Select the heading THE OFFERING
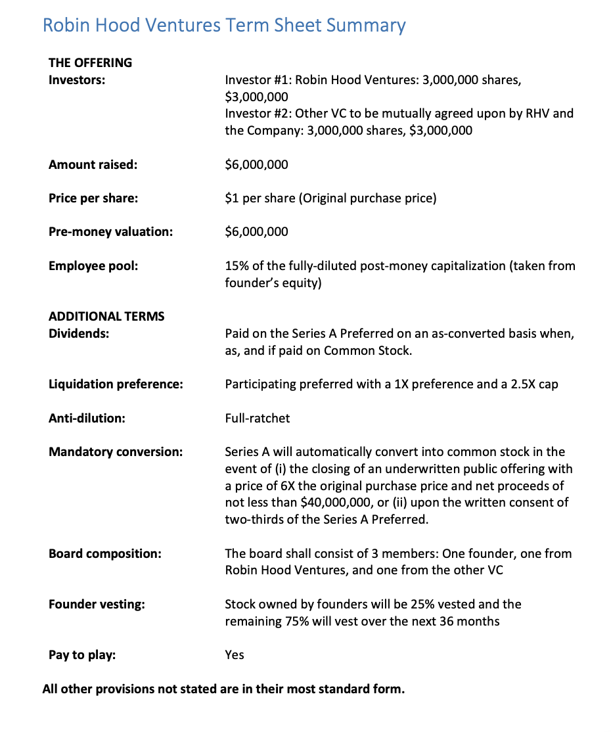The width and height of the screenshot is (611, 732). click(90, 63)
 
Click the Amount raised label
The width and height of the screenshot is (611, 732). click(93, 164)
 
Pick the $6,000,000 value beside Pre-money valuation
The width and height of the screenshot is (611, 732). click(256, 231)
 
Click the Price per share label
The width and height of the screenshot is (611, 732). click(93, 198)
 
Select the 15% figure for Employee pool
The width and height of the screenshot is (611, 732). click(236, 266)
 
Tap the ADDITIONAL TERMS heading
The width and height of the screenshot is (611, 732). click(106, 317)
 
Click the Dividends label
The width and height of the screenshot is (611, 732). click(79, 333)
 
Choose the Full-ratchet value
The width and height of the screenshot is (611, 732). click(257, 418)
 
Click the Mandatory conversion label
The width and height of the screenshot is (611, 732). click(116, 452)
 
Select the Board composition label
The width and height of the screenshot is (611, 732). click(104, 553)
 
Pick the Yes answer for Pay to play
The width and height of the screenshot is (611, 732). click(234, 655)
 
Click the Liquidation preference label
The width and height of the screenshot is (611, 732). click(116, 384)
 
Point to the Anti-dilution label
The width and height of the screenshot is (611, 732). click(87, 418)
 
